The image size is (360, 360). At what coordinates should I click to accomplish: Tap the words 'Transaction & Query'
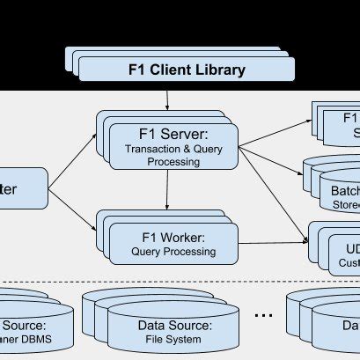[173, 151]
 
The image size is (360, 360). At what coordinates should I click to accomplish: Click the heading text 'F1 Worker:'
[173, 237]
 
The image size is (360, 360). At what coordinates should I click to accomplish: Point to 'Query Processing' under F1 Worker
[173, 252]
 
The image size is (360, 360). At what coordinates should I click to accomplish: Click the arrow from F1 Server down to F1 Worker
[166, 191]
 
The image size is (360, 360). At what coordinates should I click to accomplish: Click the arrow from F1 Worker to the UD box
[273, 242]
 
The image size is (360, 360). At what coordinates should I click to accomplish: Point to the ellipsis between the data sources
[263, 314]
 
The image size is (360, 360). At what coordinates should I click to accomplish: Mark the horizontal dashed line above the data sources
[176, 283]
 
